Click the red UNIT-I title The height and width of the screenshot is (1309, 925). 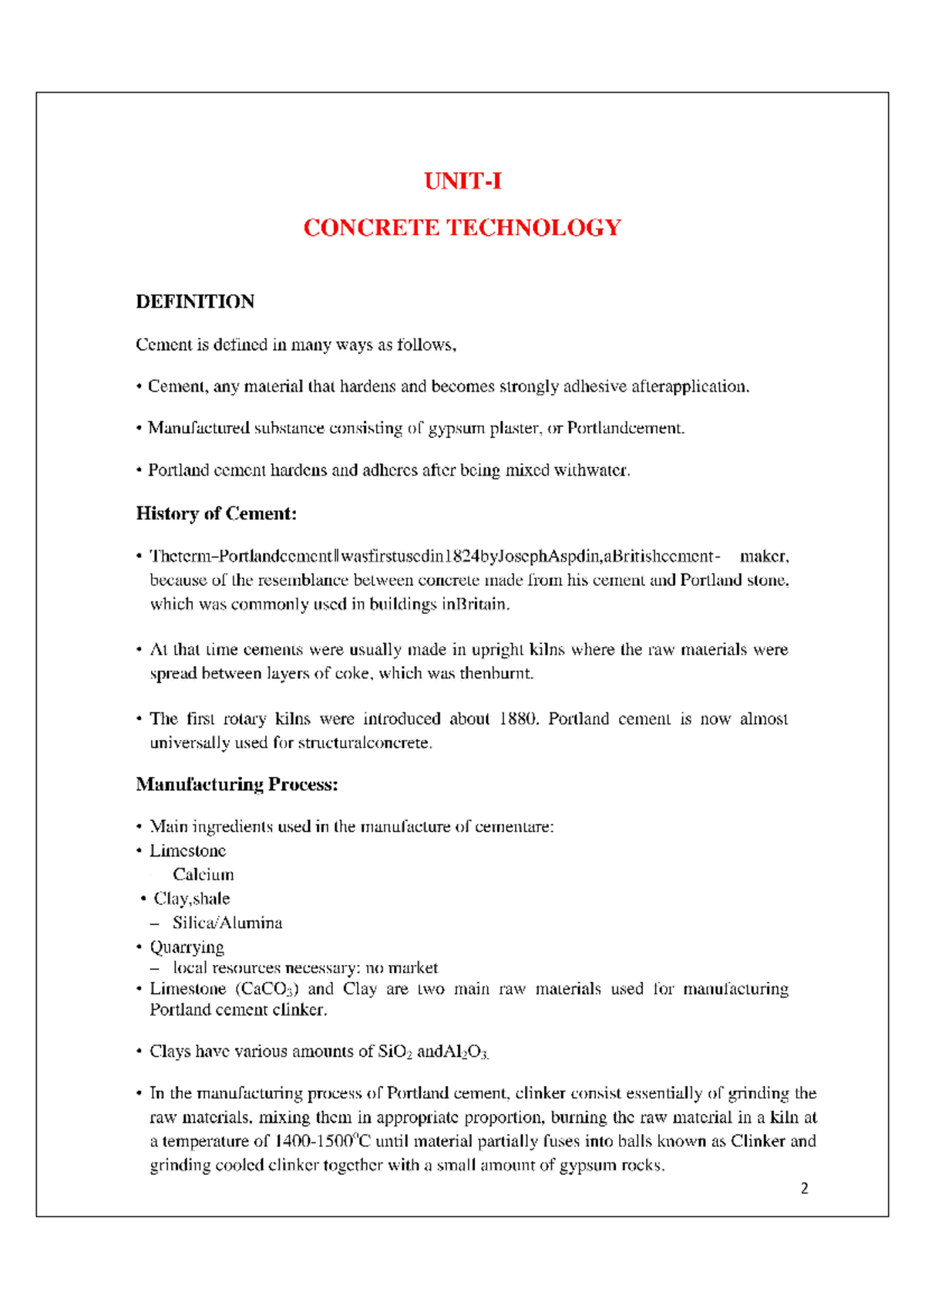point(462,181)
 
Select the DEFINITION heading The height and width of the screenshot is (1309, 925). point(195,301)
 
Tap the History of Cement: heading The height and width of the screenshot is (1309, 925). point(216,513)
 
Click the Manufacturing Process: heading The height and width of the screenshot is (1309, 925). point(237,784)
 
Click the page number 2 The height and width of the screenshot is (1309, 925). point(805,1188)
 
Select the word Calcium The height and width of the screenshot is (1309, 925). point(203,874)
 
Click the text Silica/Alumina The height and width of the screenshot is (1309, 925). point(227,923)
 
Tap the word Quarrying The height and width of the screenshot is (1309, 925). point(187,947)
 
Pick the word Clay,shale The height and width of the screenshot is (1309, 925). point(191,898)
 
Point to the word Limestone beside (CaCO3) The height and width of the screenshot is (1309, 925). point(187,989)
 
